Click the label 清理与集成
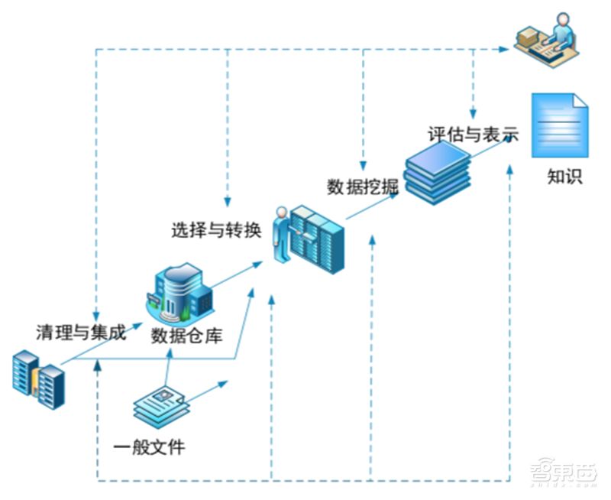(x=81, y=333)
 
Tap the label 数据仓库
(x=186, y=335)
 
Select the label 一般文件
(x=149, y=446)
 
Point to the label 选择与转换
(x=216, y=229)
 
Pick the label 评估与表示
(x=473, y=135)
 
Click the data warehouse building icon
(x=179, y=290)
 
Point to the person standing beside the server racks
(x=280, y=234)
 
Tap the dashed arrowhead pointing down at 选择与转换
(x=227, y=201)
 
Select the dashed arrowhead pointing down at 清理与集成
(x=97, y=315)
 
